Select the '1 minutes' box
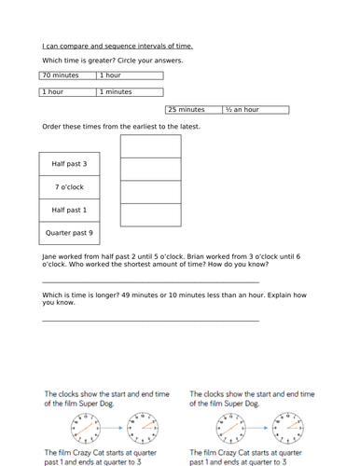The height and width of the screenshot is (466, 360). [x=130, y=92]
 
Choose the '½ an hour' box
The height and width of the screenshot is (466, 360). [x=255, y=110]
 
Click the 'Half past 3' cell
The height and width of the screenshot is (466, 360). [x=69, y=164]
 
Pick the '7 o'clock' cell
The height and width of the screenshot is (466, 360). [x=69, y=186]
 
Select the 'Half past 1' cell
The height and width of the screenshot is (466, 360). [x=69, y=210]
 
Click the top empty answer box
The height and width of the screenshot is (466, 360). [x=151, y=146]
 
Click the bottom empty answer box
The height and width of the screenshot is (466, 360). [x=151, y=214]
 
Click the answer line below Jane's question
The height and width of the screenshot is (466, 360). [x=149, y=281]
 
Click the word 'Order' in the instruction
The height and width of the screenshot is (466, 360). [x=51, y=126]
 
